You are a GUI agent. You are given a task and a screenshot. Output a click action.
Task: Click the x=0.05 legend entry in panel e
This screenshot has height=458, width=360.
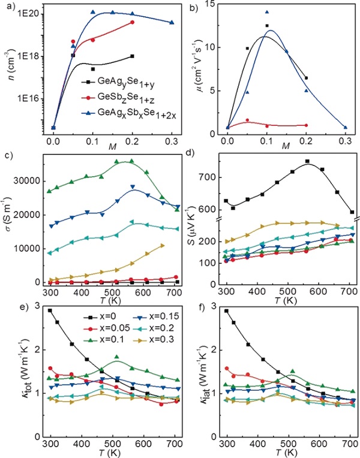click(100, 325)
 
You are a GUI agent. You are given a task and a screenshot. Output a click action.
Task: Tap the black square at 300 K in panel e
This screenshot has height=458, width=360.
click(50, 311)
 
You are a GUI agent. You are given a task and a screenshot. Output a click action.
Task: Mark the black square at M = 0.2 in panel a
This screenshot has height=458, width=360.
click(132, 56)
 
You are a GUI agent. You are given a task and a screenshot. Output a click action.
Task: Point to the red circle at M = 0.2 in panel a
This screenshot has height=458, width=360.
click(132, 22)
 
